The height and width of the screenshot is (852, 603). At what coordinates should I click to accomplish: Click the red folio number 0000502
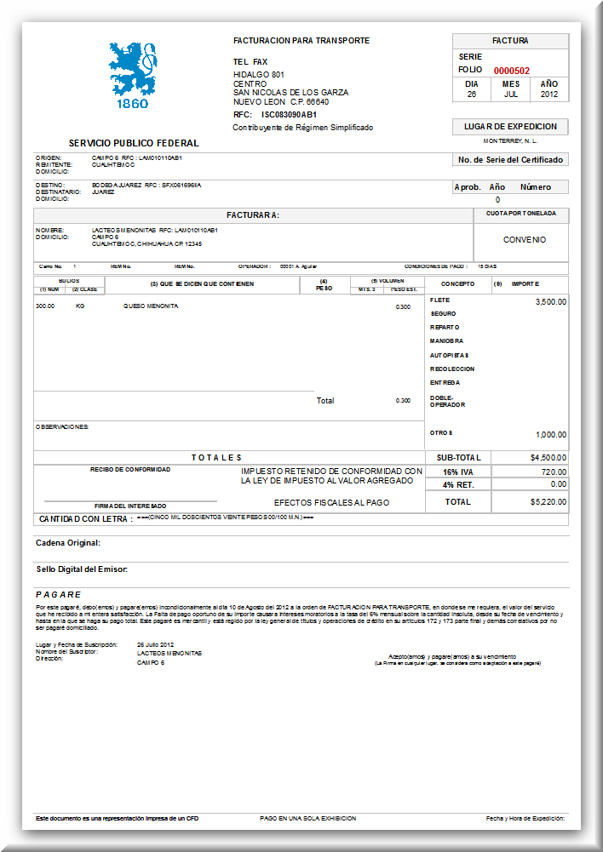coord(512,71)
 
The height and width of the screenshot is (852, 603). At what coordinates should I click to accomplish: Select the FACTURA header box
coord(510,41)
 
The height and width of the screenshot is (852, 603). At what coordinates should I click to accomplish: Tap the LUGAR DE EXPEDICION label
coord(510,126)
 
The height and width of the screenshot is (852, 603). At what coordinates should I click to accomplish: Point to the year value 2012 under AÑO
coord(549,94)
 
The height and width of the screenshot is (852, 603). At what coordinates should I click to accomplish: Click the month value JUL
coord(510,94)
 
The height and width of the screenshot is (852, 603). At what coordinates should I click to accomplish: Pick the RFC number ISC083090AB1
coord(289,114)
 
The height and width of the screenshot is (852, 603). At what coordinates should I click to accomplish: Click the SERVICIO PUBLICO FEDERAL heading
coord(134,143)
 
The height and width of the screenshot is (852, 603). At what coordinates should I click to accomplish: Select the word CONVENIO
coord(524,240)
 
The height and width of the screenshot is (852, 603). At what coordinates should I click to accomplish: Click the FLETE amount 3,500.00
coord(550,301)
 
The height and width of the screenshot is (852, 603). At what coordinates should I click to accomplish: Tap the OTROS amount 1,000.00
coord(550,434)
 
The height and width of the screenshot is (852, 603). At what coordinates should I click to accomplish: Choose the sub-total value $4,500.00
coord(548,457)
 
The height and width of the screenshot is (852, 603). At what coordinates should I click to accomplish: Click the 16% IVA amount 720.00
coord(554,472)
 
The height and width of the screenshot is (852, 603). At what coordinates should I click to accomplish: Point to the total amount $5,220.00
coord(548,502)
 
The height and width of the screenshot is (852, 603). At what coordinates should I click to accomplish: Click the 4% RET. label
coord(457,484)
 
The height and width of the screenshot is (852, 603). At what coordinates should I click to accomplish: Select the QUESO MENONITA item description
coord(151,306)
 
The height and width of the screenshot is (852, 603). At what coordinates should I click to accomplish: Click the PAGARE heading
coord(59,594)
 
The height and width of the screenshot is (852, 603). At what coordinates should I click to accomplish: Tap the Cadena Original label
coord(68,542)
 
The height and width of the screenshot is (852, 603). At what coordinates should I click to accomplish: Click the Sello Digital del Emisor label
coord(82,569)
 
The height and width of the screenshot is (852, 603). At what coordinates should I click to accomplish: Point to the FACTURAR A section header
coord(252,215)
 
